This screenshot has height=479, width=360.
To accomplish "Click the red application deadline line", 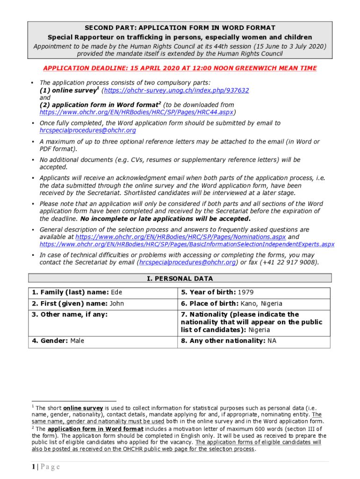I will tap(180, 68).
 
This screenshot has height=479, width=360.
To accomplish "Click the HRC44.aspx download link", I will tap(137, 112).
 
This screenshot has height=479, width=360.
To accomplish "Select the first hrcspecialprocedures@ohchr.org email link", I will tap(88, 131).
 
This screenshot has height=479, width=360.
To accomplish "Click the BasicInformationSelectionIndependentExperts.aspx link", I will tap(187, 244).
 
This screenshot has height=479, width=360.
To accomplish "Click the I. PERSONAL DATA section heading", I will tap(180, 278).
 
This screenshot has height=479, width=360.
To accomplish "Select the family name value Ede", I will tap(116, 293).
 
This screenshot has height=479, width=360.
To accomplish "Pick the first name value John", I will tap(117, 304).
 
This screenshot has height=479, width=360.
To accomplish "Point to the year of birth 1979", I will tap(245, 293).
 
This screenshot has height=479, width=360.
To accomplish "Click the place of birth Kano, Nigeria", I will tap(261, 304).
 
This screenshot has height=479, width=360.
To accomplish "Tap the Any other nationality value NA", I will tap(272, 341).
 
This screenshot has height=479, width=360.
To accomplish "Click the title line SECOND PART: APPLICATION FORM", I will tap(180, 28).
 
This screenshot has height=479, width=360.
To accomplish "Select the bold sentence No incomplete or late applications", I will tap(166, 218).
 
